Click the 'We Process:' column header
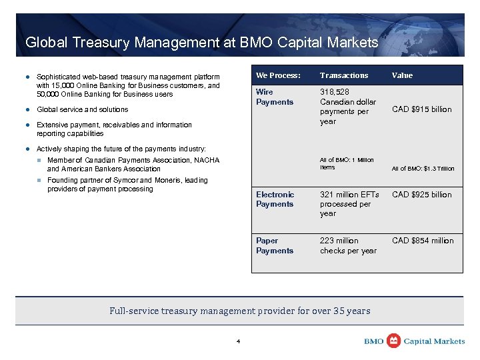click(278, 75)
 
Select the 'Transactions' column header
click(343, 75)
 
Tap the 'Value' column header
click(402, 75)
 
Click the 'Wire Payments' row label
click(275, 97)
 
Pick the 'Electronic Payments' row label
click(275, 199)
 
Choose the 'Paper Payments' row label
click(275, 245)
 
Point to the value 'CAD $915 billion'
click(422, 109)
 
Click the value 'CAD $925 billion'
click(422, 195)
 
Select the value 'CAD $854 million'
click(423, 241)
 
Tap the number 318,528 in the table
click(335, 92)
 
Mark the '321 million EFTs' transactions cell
click(349, 195)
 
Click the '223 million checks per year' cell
click(348, 245)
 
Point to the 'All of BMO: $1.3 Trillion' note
click(423, 169)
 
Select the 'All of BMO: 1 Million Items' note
click(347, 163)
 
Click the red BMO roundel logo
click(394, 341)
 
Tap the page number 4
click(238, 342)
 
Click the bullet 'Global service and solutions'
click(82, 109)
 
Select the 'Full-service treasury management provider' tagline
click(239, 311)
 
